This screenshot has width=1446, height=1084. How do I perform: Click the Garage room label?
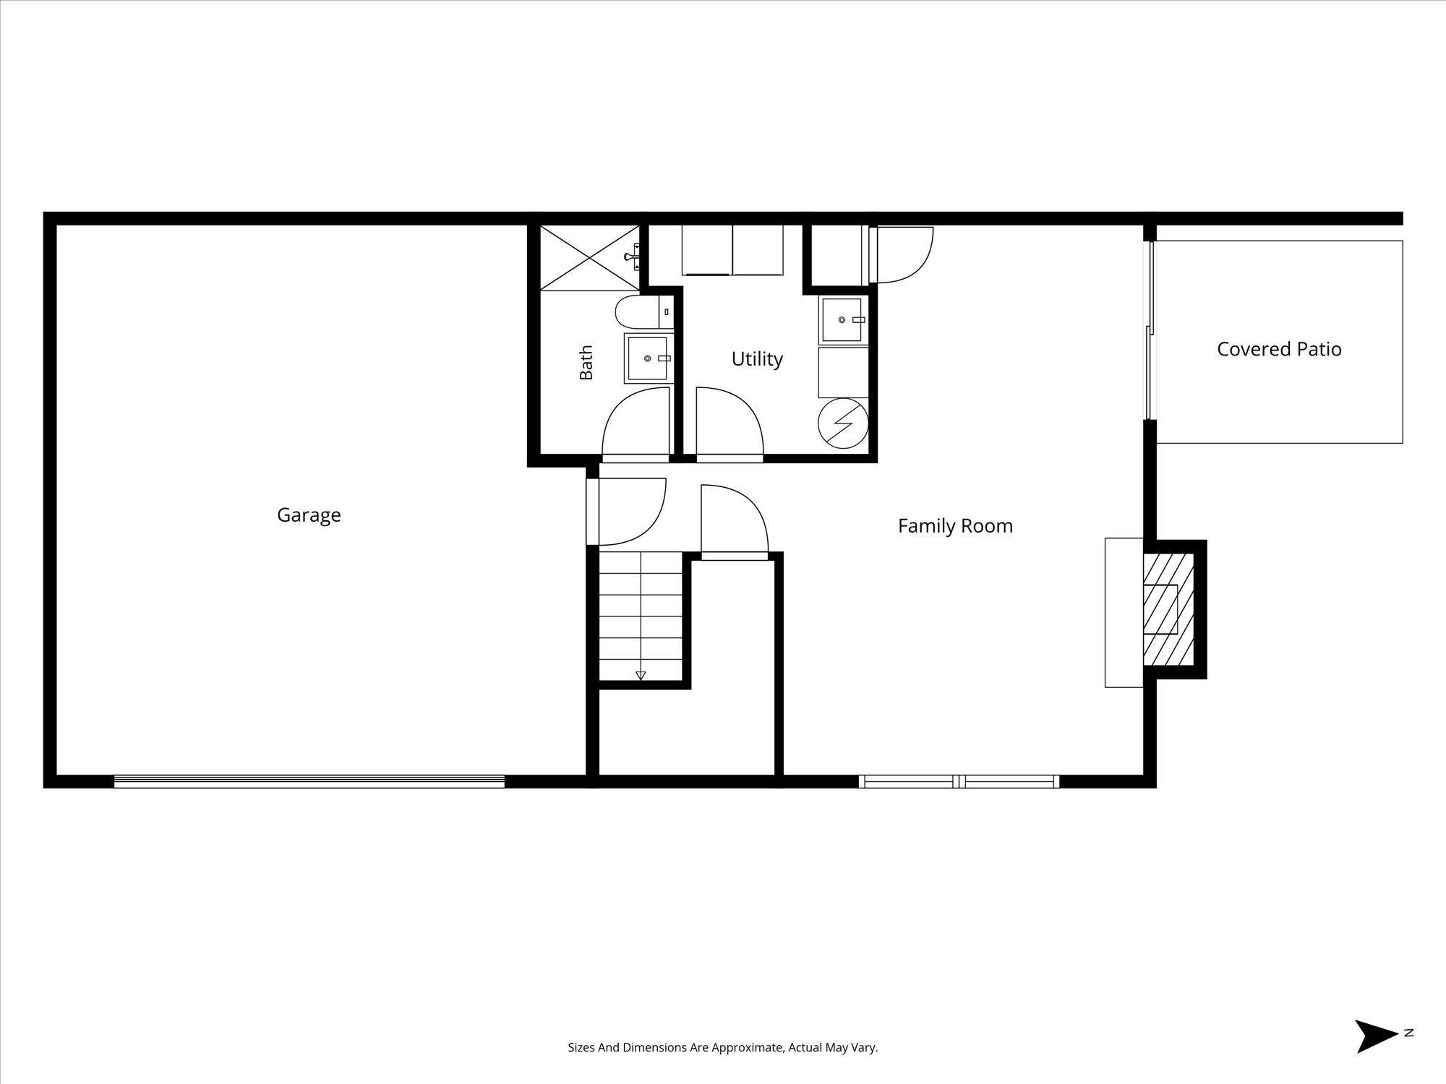309,515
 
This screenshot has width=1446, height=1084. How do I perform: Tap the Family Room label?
955,526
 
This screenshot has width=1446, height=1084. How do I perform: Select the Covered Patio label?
1279,349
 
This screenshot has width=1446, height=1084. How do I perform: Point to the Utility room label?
757,359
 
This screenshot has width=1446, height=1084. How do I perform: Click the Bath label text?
586,362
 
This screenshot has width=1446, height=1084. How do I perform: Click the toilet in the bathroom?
644,313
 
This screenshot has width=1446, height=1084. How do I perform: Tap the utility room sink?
843,319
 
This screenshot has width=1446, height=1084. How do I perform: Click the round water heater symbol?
842,423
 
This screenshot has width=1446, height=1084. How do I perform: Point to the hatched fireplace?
1168,609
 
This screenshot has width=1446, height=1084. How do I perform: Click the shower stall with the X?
589,258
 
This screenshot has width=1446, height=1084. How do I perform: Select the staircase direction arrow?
641,676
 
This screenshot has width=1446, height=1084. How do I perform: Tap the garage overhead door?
309,780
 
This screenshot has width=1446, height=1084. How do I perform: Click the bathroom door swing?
636,424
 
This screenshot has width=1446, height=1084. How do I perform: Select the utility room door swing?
730,424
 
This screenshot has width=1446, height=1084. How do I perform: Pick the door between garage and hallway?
626,512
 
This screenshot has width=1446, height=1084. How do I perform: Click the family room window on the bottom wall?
959,780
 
